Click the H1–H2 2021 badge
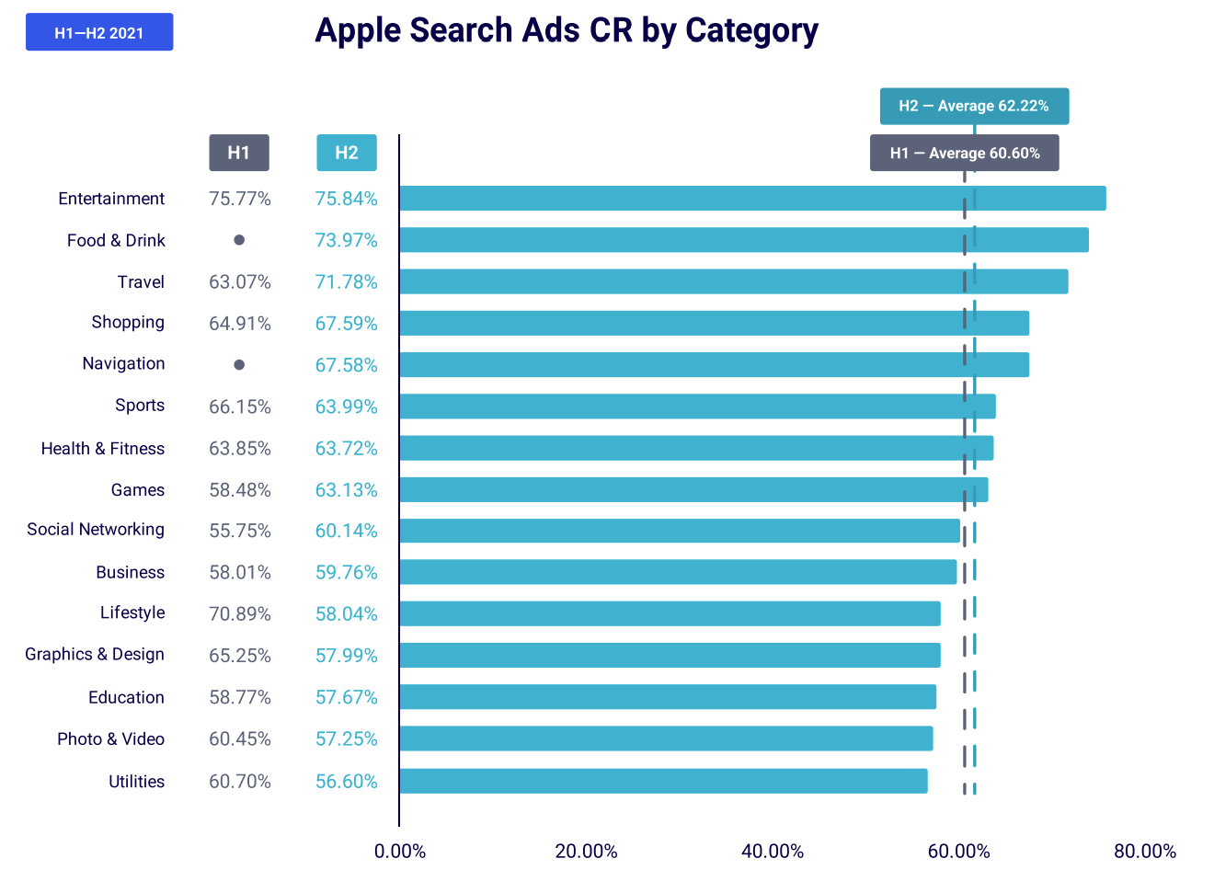click(99, 32)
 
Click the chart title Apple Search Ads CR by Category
click(566, 30)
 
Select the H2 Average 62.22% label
click(974, 106)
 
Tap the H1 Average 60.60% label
click(964, 153)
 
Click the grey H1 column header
click(239, 153)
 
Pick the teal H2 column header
click(347, 153)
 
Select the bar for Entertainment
click(752, 199)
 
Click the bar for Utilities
click(663, 781)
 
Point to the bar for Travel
click(734, 281)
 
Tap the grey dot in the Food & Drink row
click(239, 240)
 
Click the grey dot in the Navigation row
click(239, 365)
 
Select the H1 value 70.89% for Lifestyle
click(240, 613)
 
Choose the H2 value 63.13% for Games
click(347, 490)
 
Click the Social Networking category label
click(96, 530)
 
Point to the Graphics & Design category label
click(95, 654)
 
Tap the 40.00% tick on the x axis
click(773, 851)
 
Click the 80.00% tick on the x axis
click(1145, 851)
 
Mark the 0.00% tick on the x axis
click(400, 851)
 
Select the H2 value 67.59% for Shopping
click(347, 324)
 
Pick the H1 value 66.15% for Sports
click(240, 406)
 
